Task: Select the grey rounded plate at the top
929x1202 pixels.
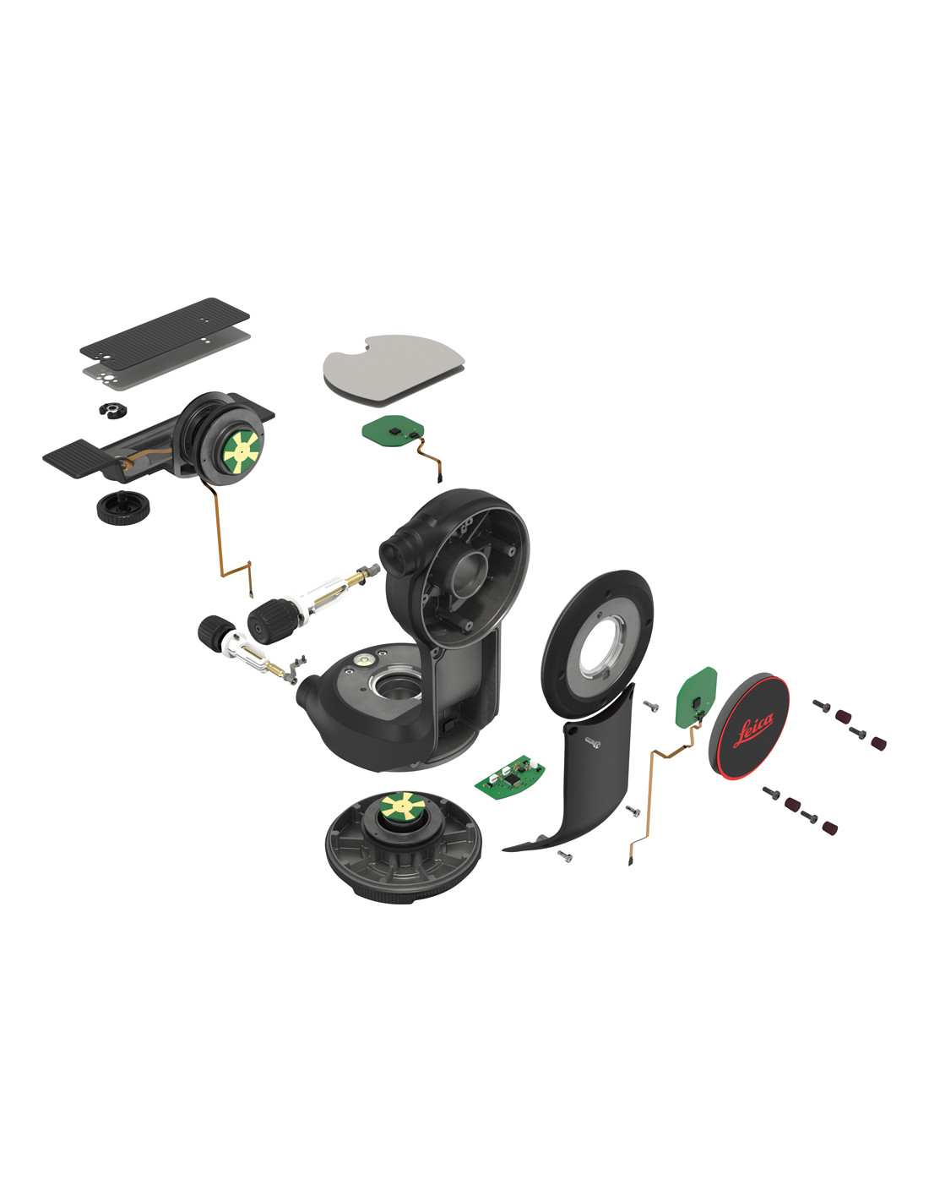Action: pyautogui.click(x=394, y=367)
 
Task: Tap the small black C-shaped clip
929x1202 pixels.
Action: pyautogui.click(x=112, y=410)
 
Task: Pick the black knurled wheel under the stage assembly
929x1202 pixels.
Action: pyautogui.click(x=122, y=506)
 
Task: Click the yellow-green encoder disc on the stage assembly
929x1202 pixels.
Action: pyautogui.click(x=242, y=452)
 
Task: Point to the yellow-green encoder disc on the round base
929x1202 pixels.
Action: pyautogui.click(x=404, y=807)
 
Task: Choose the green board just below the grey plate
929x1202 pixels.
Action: pyautogui.click(x=393, y=429)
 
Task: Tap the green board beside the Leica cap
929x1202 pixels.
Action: pyautogui.click(x=697, y=698)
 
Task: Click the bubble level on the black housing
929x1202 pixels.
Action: pyautogui.click(x=366, y=658)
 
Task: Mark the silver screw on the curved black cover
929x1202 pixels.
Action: pyautogui.click(x=592, y=743)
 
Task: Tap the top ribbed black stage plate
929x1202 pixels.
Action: pyautogui.click(x=165, y=334)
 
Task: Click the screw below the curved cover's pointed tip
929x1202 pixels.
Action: pyautogui.click(x=565, y=857)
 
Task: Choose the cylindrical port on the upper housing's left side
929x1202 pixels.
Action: pyautogui.click(x=395, y=553)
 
